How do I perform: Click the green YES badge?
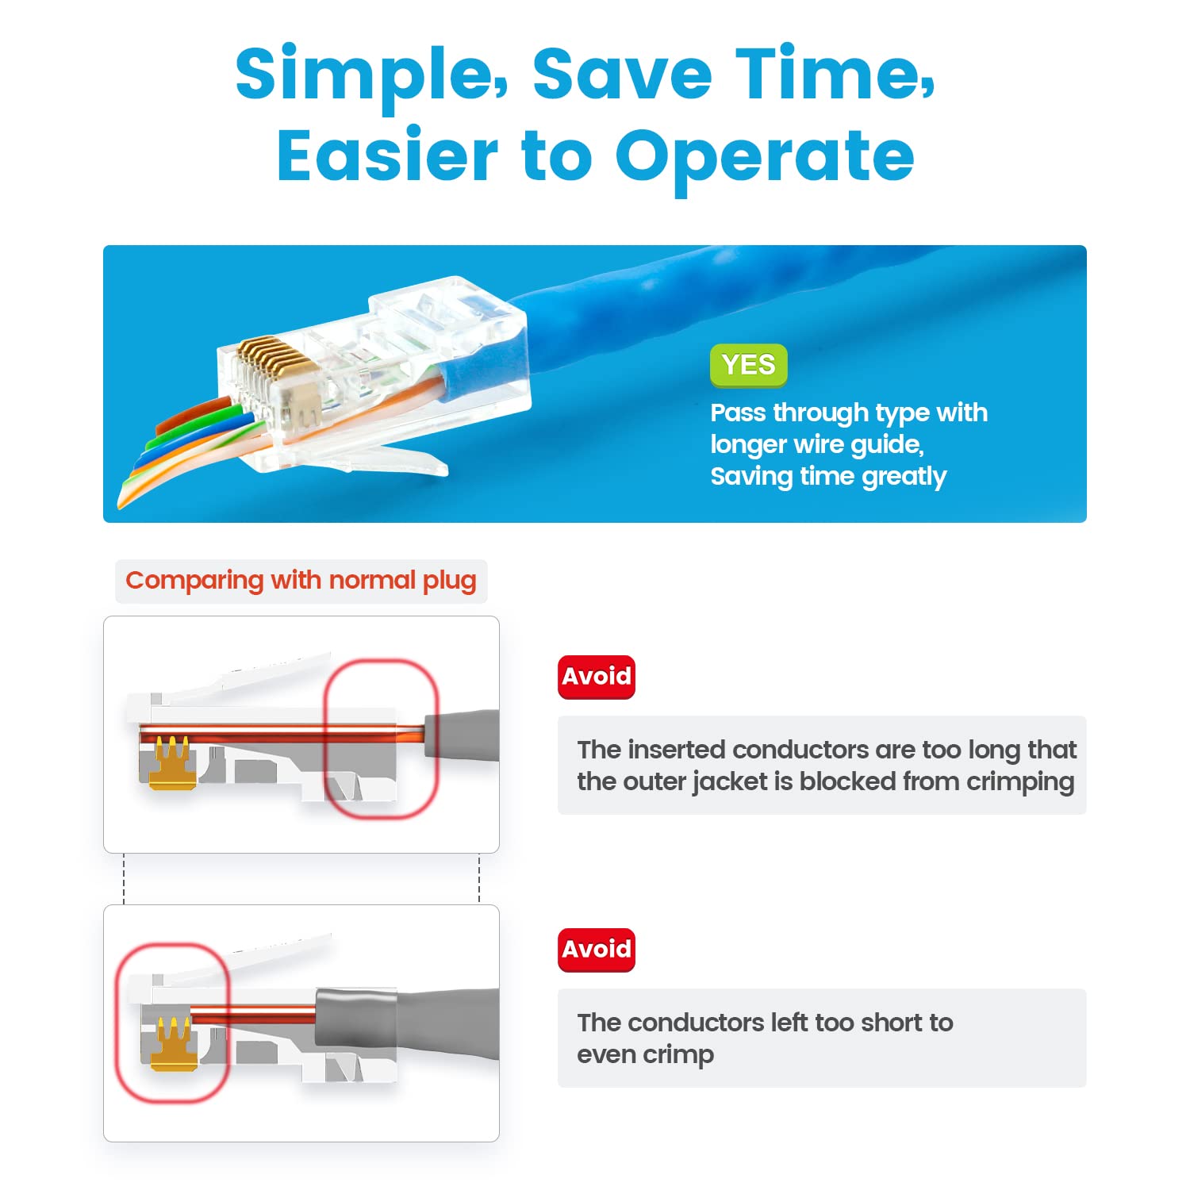point(748,365)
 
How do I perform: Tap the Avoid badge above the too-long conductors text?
point(597,677)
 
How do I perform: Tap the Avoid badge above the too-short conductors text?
point(597,950)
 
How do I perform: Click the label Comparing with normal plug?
point(301,581)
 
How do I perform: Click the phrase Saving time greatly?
point(828,477)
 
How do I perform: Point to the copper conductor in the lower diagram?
point(254,1014)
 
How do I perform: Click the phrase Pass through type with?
point(849,413)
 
